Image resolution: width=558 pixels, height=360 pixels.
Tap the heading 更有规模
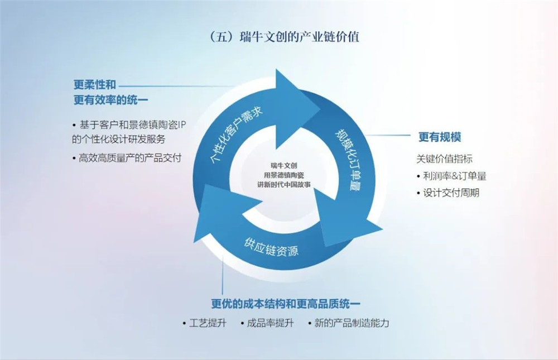click(x=440, y=137)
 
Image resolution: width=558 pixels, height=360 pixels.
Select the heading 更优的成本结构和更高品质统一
click(x=285, y=304)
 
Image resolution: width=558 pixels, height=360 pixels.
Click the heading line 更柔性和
click(x=95, y=84)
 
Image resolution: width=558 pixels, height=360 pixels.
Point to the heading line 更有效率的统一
click(x=110, y=100)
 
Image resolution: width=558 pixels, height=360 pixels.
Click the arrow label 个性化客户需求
click(x=237, y=135)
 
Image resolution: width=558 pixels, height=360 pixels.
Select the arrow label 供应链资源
click(x=271, y=247)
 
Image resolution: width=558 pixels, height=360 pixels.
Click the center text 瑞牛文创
click(x=283, y=166)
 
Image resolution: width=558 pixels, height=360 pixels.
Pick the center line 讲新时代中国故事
click(x=284, y=184)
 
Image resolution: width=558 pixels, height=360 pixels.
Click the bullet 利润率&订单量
click(x=451, y=176)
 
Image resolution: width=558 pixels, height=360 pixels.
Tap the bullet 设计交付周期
click(x=448, y=193)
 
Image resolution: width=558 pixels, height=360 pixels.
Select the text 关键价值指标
click(x=445, y=159)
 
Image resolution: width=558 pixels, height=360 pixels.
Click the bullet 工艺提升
click(x=204, y=323)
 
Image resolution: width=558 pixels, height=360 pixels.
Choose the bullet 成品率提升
click(x=267, y=323)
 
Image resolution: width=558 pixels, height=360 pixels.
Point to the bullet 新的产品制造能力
click(x=348, y=323)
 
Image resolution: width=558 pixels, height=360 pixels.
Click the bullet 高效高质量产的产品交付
click(x=127, y=158)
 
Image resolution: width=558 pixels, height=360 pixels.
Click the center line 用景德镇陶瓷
click(x=284, y=175)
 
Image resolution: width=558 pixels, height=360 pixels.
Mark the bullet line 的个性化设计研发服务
click(x=118, y=139)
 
